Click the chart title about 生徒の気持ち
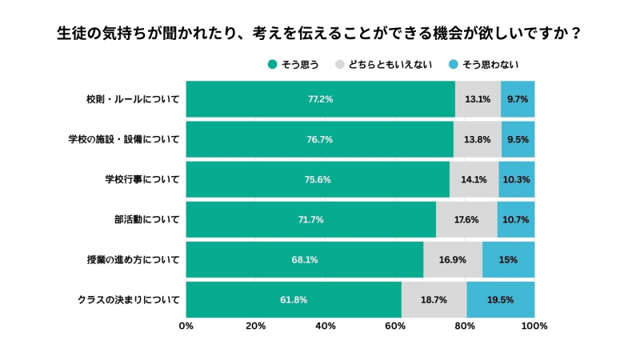[319, 34]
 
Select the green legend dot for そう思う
[272, 65]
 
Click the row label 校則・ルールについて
[133, 100]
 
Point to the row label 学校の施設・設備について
[124, 140]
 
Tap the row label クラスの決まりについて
[129, 300]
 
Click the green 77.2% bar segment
[320, 100]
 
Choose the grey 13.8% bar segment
[477, 140]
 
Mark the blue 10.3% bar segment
[516, 179]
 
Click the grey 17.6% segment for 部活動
[466, 219]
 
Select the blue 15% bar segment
[508, 260]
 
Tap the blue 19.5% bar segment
[500, 300]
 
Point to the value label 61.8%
[293, 300]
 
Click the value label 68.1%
[304, 260]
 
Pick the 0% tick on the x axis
[186, 326]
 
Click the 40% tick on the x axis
[326, 326]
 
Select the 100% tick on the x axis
[534, 326]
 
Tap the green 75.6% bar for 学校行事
[318, 179]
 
